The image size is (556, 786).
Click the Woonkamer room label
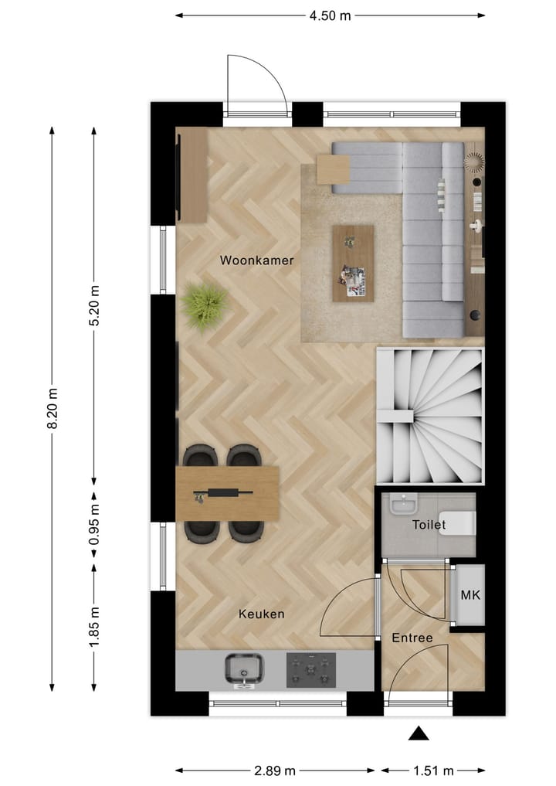click(256, 260)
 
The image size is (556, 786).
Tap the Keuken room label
click(261, 614)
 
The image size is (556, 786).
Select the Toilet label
click(429, 526)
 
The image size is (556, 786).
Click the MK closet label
click(470, 595)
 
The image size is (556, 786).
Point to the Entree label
click(412, 638)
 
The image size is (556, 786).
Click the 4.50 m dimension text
click(330, 15)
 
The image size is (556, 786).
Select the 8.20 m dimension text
click(53, 408)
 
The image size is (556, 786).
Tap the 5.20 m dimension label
click(94, 305)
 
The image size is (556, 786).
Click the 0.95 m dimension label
click(94, 526)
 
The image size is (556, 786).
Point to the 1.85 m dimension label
click(94, 628)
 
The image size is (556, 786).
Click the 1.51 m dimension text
click(432, 771)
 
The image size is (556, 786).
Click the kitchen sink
click(245, 669)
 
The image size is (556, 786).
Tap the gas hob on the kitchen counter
click(311, 669)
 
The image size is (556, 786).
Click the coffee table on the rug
click(353, 264)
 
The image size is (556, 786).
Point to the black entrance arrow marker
click(418, 733)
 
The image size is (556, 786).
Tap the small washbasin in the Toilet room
click(402, 506)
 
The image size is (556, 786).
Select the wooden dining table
click(227, 493)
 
